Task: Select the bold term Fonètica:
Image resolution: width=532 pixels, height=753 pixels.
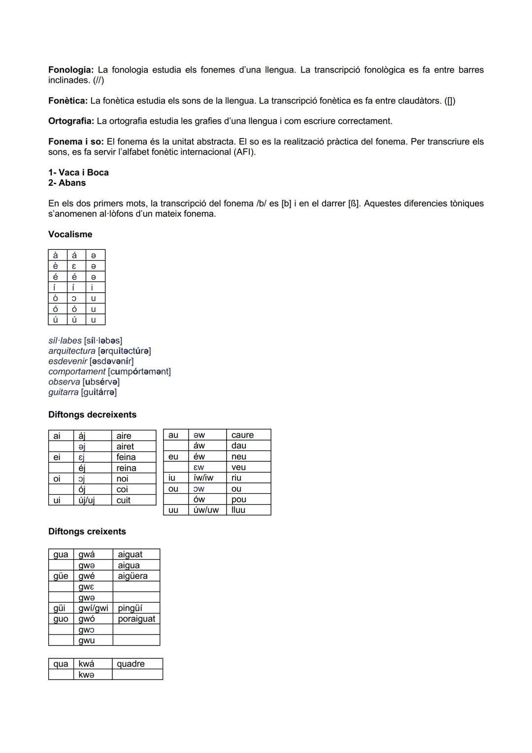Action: coord(67,101)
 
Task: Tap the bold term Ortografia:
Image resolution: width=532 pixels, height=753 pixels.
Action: coord(71,121)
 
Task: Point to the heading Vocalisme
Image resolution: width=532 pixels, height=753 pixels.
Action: coord(70,234)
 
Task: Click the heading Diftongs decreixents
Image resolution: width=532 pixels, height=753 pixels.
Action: coord(92,414)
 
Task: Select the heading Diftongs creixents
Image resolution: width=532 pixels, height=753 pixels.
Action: coord(87,531)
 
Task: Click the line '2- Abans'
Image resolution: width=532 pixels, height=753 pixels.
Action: coord(67,183)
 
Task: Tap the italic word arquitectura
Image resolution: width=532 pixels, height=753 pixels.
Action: coord(72,351)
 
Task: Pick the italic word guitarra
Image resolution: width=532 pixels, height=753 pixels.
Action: coord(63,392)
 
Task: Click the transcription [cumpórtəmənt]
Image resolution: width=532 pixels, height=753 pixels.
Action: coord(139,372)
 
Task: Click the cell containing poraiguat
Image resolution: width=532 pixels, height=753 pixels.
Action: coord(136,619)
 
